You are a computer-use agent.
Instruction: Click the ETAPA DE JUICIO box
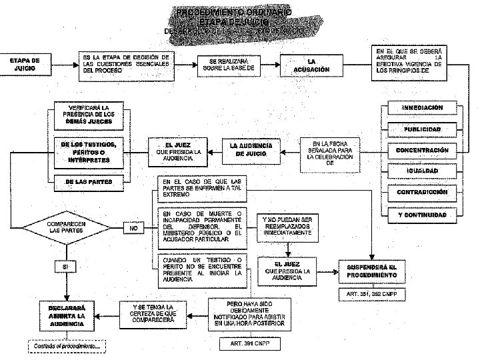coord(25,65)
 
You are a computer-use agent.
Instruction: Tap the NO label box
coord(133,229)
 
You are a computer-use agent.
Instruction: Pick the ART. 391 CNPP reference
coord(249,343)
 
